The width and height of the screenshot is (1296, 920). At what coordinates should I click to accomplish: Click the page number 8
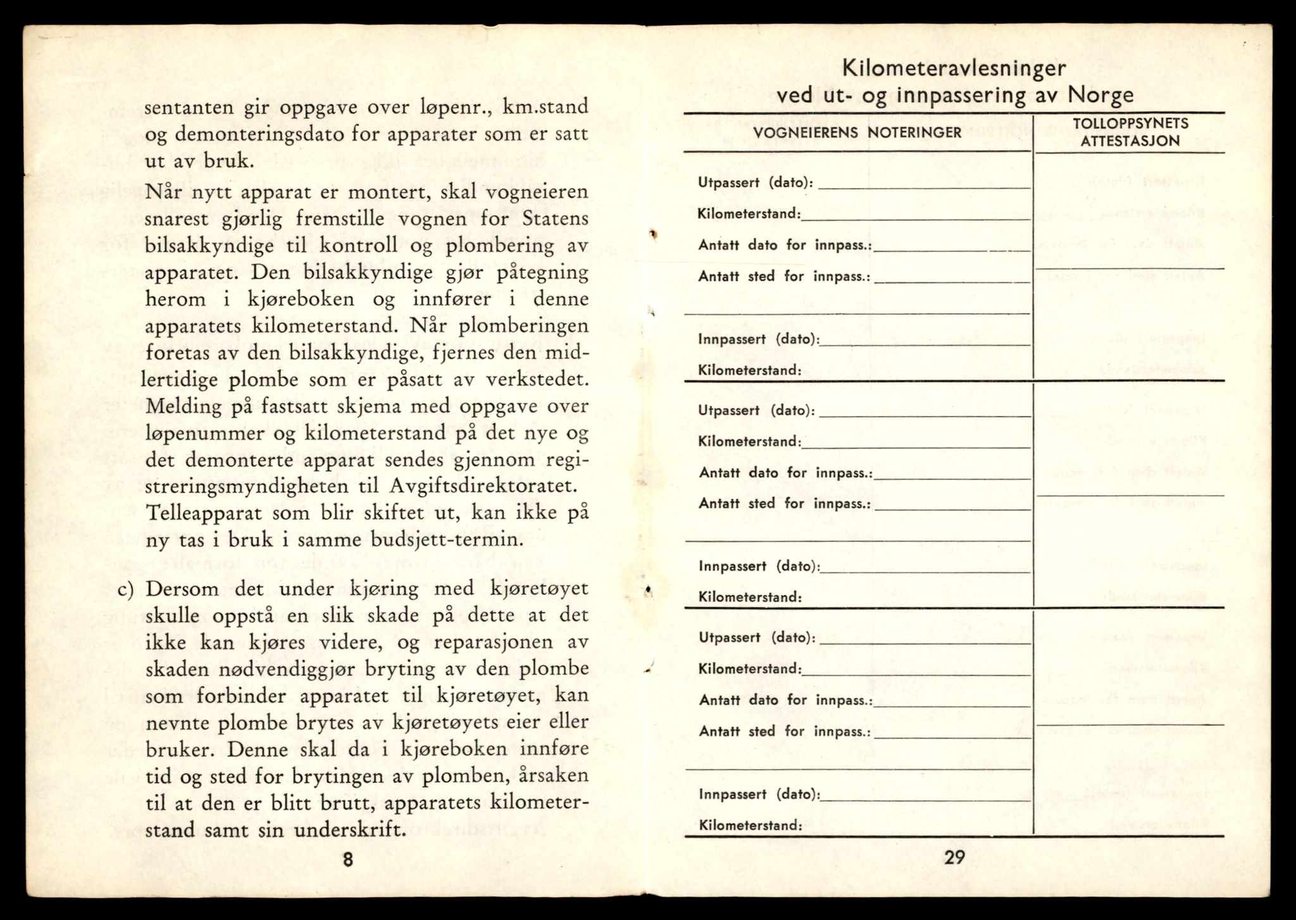point(347,860)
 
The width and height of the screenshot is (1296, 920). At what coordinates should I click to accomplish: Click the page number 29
point(954,857)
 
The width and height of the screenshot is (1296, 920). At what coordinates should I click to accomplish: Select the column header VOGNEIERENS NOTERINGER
point(857,132)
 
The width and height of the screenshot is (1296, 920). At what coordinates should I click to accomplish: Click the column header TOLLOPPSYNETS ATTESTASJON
point(1130,132)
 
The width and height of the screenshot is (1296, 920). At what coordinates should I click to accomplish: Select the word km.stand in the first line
point(545,107)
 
